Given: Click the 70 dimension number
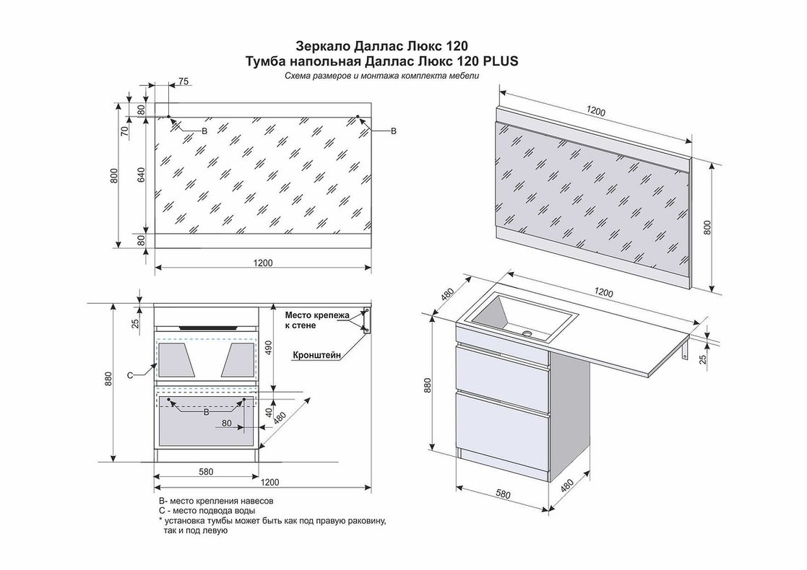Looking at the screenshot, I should [124, 131].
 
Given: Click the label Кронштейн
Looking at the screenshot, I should [317, 355].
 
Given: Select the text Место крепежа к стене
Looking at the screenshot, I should [316, 320].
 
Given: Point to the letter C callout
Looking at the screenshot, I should [129, 375].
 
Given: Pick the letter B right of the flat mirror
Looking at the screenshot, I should [393, 131].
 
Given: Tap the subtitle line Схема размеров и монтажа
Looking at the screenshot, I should [382, 76].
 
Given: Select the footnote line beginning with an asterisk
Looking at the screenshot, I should [271, 520].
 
